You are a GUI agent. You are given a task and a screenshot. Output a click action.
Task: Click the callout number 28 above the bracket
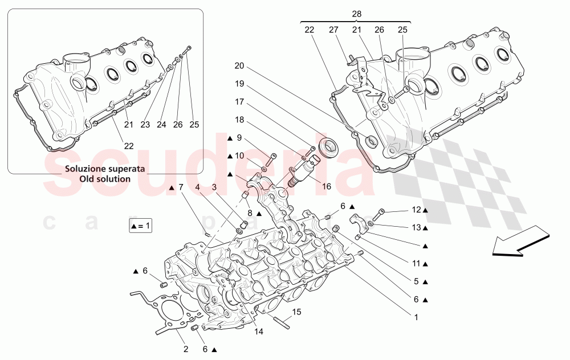point(357,14)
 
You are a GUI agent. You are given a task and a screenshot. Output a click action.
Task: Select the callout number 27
point(335,30)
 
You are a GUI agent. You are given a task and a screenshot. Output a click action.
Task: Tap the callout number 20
point(239,66)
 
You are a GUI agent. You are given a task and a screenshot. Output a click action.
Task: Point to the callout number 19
point(239,84)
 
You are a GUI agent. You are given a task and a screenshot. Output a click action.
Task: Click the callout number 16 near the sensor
point(327,186)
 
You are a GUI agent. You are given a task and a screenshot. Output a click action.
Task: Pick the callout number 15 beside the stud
point(296,312)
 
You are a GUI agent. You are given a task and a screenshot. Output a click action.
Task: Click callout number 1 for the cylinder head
point(416,318)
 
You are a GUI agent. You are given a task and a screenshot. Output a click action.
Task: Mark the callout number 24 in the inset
point(162,125)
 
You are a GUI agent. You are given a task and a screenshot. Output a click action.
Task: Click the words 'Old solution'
point(105,179)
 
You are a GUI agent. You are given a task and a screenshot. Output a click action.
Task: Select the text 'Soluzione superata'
point(104,169)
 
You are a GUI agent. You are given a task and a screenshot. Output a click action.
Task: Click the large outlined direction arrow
point(520,242)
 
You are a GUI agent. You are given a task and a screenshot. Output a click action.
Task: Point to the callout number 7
point(181,187)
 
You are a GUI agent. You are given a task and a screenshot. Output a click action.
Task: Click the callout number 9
point(239,138)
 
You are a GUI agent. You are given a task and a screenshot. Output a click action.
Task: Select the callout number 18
point(239,120)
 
